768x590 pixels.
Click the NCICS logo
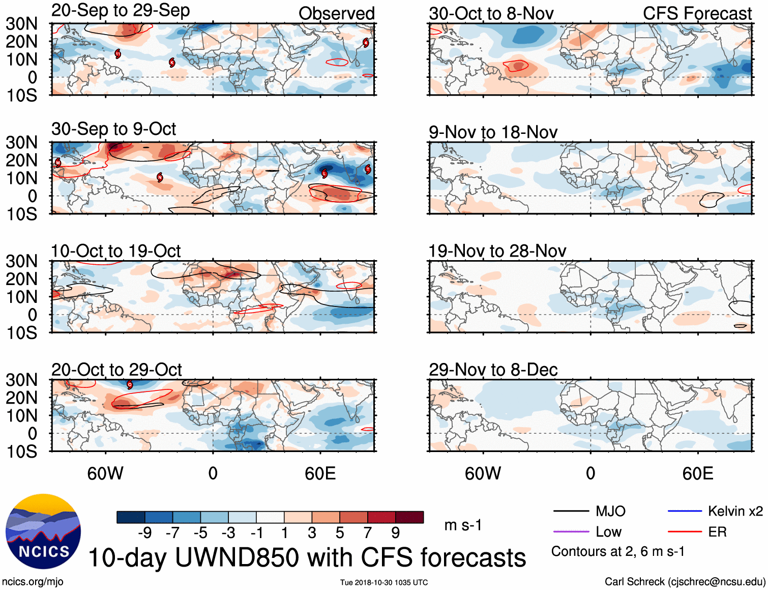[x=43, y=531]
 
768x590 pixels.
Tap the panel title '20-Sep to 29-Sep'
[x=121, y=11]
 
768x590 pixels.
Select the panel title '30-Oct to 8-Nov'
[x=491, y=14]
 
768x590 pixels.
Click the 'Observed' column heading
[x=336, y=14]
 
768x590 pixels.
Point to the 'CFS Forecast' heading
[x=697, y=14]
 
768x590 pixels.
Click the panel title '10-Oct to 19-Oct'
[x=116, y=251]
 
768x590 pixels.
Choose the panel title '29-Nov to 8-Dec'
[x=493, y=370]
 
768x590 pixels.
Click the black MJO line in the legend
[x=571, y=511]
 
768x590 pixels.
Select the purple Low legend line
[x=571, y=532]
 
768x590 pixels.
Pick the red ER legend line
[x=684, y=532]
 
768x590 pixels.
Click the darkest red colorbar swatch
[x=409, y=517]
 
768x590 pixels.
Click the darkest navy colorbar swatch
[x=130, y=517]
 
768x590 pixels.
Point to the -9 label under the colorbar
[x=144, y=533]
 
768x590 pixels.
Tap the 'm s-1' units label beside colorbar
[x=463, y=525]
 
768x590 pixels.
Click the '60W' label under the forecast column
[x=483, y=473]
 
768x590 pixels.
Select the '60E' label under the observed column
[x=320, y=473]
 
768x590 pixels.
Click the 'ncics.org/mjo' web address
[x=33, y=581]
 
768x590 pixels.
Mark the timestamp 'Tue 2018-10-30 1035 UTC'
[x=384, y=582]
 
